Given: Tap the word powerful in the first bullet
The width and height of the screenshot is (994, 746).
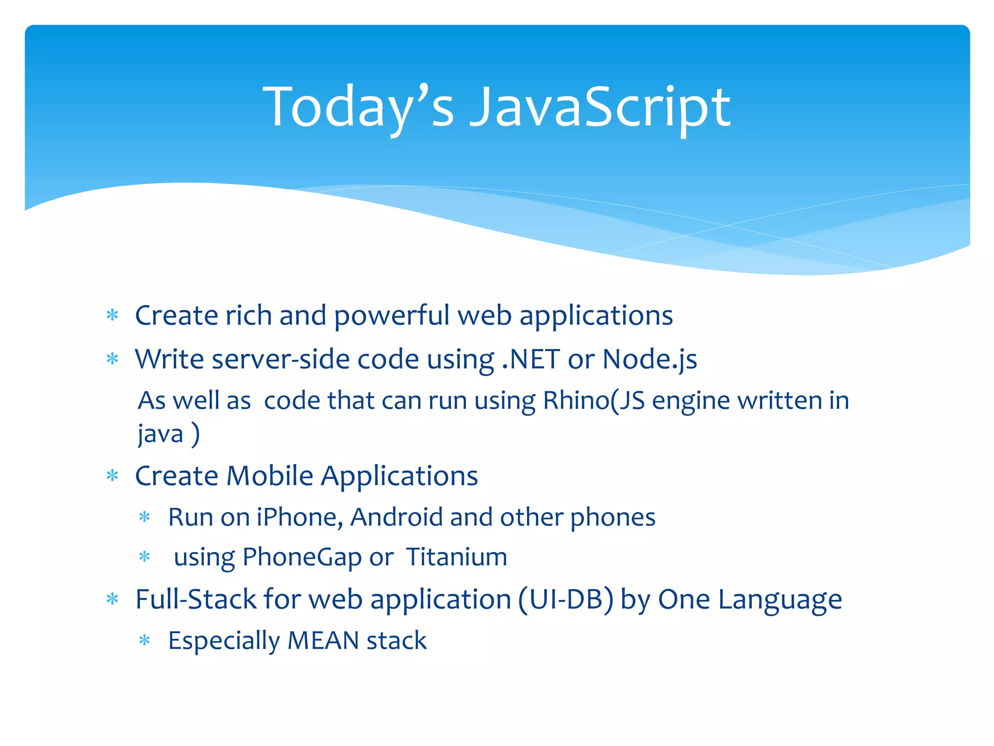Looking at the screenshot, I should pos(392,316).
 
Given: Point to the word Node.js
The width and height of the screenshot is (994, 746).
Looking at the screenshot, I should pos(649,359).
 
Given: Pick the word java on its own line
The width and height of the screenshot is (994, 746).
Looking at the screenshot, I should pos(160,433).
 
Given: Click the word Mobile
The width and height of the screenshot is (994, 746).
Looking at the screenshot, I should pos(270,475).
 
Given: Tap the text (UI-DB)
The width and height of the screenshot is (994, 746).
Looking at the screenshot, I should pos(565,599).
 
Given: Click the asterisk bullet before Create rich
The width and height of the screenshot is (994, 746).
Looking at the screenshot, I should pos(113,316).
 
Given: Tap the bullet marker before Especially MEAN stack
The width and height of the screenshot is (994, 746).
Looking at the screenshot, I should pos(145,641).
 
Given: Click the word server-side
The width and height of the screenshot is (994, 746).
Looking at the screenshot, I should pos(280,359).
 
